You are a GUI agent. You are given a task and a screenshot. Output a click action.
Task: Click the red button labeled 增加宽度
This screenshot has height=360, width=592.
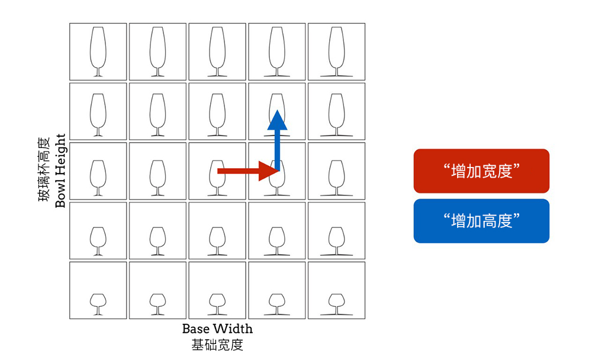tap(481, 171)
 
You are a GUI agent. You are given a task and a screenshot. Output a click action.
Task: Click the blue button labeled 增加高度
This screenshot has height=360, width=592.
tap(481, 221)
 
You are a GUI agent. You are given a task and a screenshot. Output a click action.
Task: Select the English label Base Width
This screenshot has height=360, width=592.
tap(217, 329)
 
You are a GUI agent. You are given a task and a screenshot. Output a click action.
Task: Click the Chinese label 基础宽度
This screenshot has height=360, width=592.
tap(217, 345)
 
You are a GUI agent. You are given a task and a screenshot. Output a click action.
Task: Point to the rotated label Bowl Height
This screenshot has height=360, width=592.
tap(60, 171)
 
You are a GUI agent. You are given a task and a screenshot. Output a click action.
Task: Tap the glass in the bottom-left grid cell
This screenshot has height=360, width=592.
tap(98, 303)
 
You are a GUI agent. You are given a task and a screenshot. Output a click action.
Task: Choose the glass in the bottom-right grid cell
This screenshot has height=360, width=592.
tap(336, 303)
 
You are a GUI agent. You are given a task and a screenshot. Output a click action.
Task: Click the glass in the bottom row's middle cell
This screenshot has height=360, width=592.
tap(217, 303)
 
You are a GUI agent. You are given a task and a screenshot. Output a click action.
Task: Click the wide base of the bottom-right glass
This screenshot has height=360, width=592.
tap(336, 315)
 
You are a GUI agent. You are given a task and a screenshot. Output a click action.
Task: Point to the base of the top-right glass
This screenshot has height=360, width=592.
tap(336, 76)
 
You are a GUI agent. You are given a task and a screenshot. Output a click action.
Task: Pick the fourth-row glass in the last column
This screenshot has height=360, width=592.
tap(336, 240)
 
